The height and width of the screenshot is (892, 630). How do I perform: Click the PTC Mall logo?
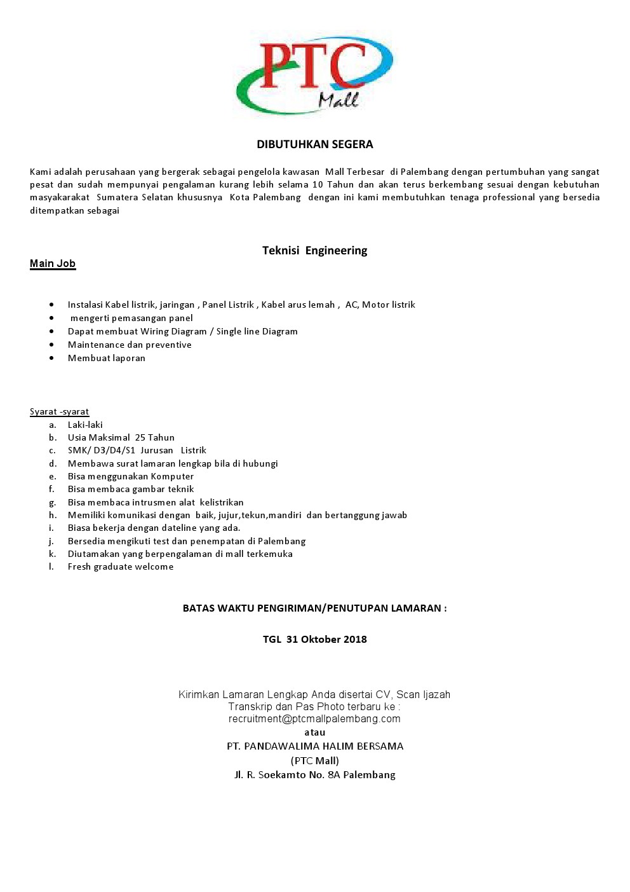click(314, 75)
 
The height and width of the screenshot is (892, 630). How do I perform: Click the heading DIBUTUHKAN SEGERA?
click(314, 144)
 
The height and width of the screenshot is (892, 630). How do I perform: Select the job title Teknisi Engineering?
click(314, 250)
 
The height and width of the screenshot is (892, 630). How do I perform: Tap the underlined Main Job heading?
click(53, 263)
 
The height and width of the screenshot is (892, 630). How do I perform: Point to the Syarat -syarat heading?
click(59, 411)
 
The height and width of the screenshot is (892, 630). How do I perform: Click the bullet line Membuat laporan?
click(107, 358)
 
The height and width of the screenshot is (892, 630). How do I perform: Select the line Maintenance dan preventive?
click(130, 345)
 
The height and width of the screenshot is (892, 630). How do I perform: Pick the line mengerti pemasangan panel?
click(131, 318)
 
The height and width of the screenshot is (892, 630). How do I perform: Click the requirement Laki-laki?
click(85, 425)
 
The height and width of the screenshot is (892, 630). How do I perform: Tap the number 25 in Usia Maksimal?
click(140, 437)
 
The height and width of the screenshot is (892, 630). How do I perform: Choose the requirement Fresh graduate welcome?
click(121, 566)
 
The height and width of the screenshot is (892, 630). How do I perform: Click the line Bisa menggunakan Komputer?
click(131, 476)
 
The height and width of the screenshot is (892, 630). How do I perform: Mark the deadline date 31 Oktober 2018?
click(326, 639)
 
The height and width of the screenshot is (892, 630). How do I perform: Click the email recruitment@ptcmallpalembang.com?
click(314, 718)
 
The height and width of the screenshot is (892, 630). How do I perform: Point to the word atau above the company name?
click(314, 732)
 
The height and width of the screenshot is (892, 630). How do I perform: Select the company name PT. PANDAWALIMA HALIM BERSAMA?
click(315, 746)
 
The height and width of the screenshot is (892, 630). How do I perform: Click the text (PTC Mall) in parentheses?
click(315, 760)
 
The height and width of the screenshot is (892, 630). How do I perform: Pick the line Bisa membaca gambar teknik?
click(131, 489)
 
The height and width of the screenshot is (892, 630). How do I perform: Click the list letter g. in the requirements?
click(52, 502)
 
